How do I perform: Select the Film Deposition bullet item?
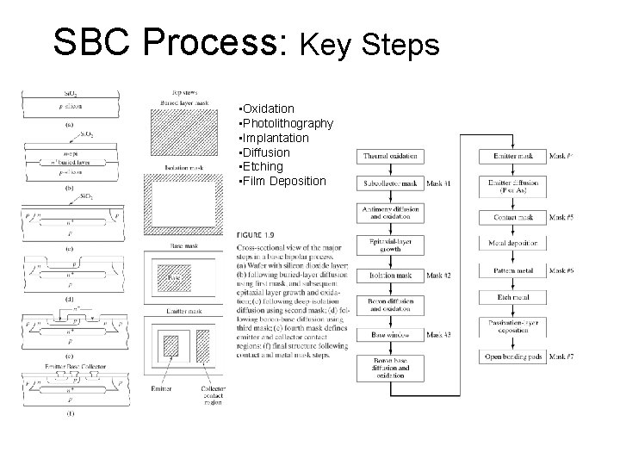[285, 182]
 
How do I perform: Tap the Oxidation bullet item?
[269, 109]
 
